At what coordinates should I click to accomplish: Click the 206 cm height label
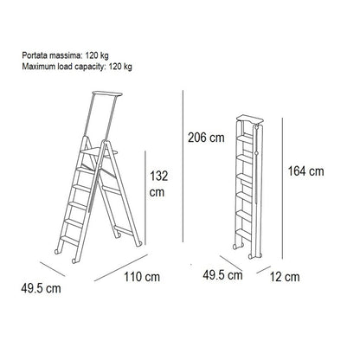pyautogui.click(x=206, y=138)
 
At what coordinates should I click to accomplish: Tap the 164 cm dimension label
pyautogui.click(x=305, y=171)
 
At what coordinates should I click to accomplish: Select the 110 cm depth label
pyautogui.click(x=142, y=277)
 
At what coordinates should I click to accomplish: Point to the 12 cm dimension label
pyautogui.click(x=285, y=277)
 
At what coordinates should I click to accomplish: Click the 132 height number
pyautogui.click(x=158, y=176)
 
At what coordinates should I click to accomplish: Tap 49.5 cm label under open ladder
pyautogui.click(x=41, y=288)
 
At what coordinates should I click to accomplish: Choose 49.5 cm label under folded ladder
pyautogui.click(x=222, y=275)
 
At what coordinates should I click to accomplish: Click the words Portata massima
pyautogui.click(x=51, y=55)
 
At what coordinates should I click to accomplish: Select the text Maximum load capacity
pyautogui.click(x=62, y=67)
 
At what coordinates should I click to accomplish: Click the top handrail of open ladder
pyautogui.click(x=107, y=94)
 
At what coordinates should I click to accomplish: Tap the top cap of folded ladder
pyautogui.click(x=250, y=119)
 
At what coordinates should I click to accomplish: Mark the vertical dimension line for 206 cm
pyautogui.click(x=183, y=166)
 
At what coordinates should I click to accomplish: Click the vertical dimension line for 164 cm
pyautogui.click(x=282, y=189)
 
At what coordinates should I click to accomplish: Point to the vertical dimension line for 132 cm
pyautogui.click(x=145, y=197)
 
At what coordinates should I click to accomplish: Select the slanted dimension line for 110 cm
pyautogui.click(x=121, y=267)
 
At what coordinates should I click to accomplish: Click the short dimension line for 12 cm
pyautogui.click(x=264, y=269)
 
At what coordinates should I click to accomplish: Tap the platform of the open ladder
pyautogui.click(x=99, y=152)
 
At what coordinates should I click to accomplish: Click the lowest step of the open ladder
pyautogui.click(x=69, y=240)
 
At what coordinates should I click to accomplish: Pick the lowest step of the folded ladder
pyautogui.click(x=244, y=235)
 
